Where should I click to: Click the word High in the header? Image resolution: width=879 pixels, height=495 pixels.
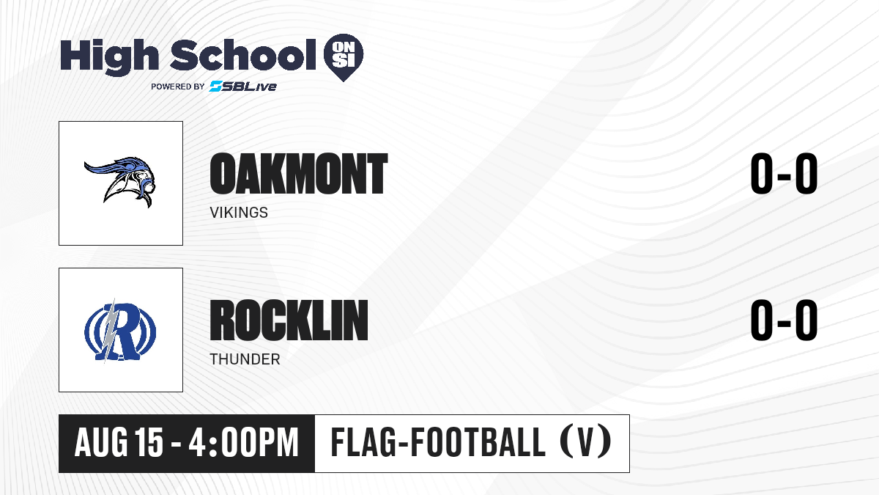(110, 56)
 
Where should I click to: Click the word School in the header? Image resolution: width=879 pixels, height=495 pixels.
(243, 54)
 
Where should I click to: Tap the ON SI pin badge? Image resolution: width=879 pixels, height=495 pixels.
(344, 57)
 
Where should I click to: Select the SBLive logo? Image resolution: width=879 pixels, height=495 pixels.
(243, 87)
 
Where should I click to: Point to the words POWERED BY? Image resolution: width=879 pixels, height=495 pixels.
(178, 87)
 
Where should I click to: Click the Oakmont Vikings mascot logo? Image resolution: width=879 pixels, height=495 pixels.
(120, 182)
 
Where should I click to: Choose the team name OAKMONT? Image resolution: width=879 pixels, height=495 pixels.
(299, 174)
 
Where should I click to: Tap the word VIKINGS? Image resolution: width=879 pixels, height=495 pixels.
(239, 213)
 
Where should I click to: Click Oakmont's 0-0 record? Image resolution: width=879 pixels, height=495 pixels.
(784, 173)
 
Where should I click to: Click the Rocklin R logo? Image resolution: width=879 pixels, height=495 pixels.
(120, 331)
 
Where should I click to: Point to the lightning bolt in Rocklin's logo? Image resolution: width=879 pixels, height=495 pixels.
(111, 331)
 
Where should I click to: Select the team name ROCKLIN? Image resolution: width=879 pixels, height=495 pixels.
(289, 320)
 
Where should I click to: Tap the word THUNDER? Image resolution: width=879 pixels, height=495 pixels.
(245, 359)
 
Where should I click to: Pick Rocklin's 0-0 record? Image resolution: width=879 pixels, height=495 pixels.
(784, 320)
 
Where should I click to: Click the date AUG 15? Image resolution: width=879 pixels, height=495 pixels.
(119, 443)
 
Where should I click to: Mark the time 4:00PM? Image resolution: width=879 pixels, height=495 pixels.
(243, 443)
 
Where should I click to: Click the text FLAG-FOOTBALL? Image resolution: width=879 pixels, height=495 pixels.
(438, 442)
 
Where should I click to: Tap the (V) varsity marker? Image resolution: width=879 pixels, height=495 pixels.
(585, 442)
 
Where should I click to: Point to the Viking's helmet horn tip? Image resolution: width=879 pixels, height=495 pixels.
(85, 164)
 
